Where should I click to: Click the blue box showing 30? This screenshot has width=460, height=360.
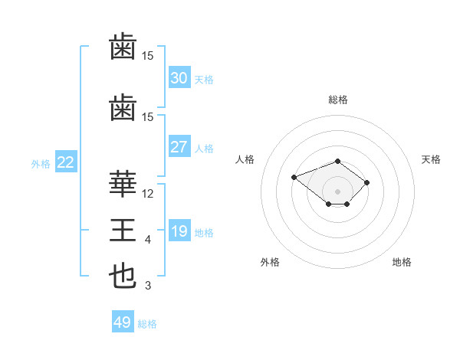[179, 77]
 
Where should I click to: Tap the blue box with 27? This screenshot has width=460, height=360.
[179, 146]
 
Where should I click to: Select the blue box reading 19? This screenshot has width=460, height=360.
[179, 230]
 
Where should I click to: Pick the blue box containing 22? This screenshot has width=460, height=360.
[66, 162]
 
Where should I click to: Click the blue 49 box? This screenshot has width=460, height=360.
[123, 321]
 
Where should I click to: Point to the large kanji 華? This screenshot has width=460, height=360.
[123, 184]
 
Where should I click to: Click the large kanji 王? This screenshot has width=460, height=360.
[123, 230]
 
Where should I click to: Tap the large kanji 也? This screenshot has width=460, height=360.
[123, 276]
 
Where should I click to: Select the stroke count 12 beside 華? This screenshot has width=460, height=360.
[147, 194]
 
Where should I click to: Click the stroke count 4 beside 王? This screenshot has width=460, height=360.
[148, 240]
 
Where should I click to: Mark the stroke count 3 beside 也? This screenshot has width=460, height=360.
[148, 286]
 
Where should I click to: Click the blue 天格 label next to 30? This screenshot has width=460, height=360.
[204, 80]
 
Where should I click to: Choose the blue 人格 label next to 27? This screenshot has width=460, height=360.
[204, 149]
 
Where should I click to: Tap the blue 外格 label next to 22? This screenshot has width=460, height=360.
[41, 164]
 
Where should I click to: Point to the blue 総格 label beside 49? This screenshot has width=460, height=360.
[147, 324]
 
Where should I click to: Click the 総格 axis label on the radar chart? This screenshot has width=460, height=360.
[338, 100]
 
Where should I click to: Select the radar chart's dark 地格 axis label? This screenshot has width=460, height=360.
[402, 262]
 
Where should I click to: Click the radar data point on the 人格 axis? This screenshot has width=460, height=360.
[294, 177]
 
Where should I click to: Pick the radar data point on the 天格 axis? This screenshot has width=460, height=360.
[366, 182]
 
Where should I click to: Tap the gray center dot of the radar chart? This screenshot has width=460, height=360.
[337, 191]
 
